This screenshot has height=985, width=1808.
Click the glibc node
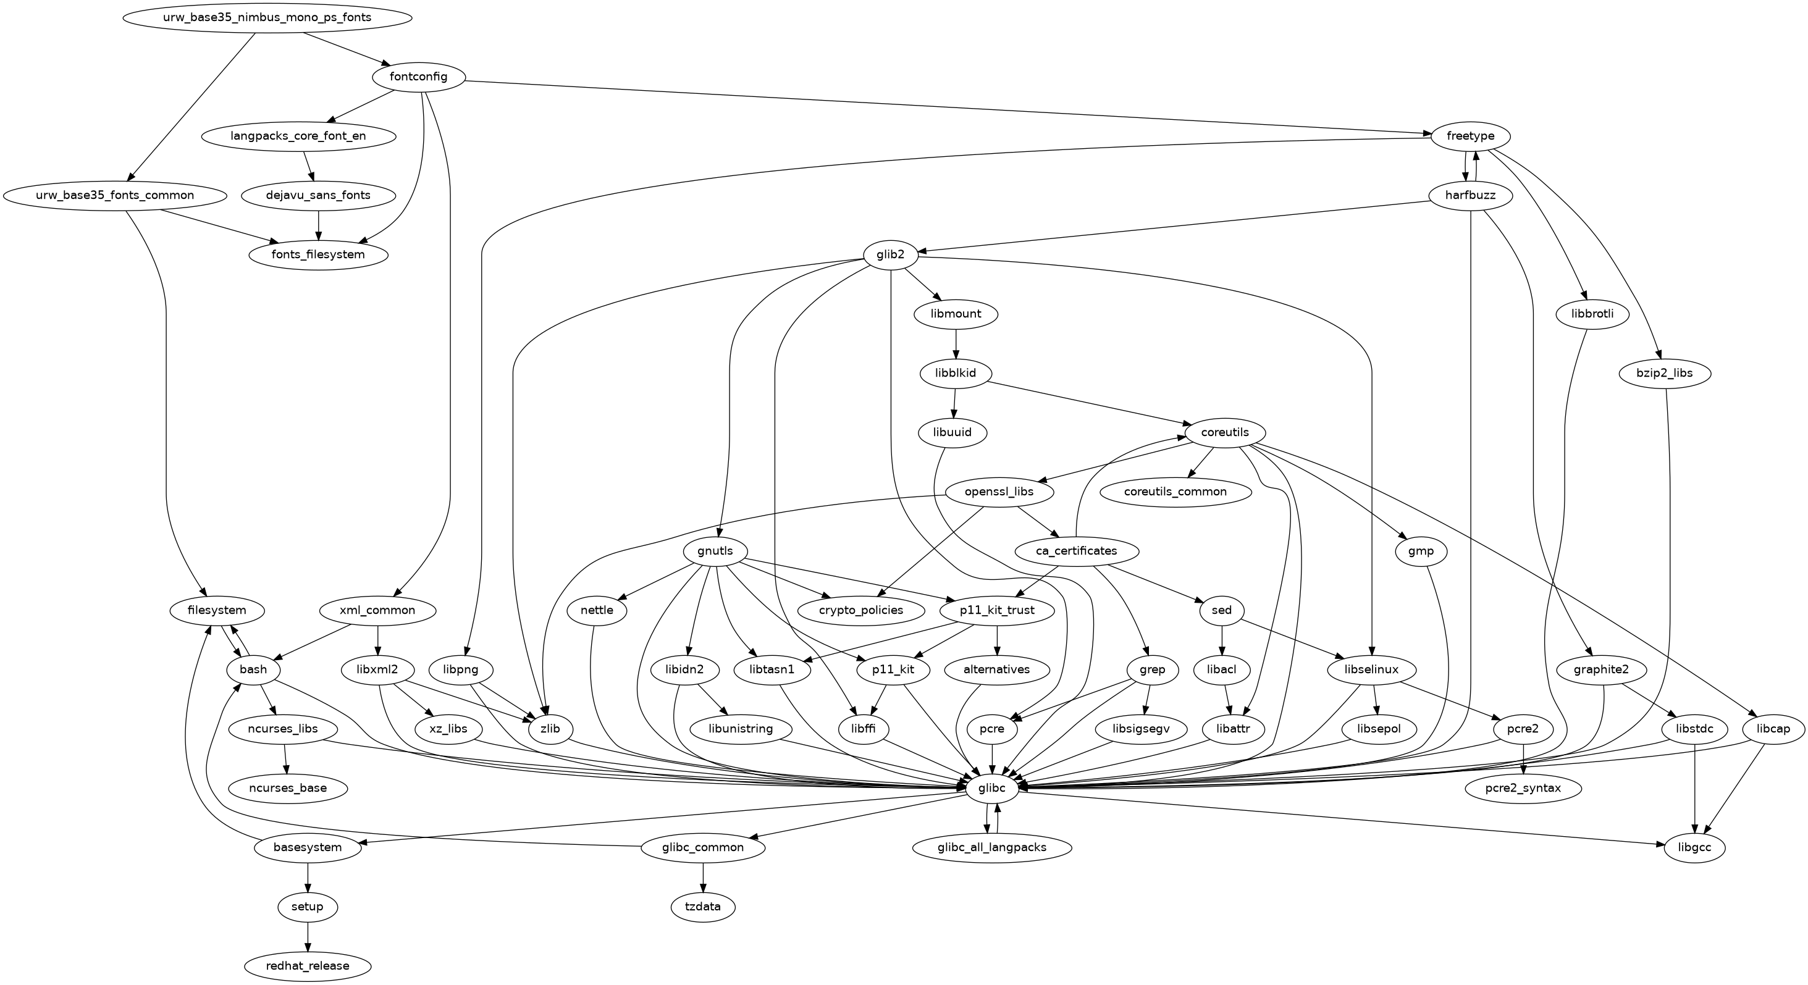tap(992, 789)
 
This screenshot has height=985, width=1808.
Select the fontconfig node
tap(418, 77)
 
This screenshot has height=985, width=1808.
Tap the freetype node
tap(1470, 135)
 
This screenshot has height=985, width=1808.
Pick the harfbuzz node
tap(1470, 195)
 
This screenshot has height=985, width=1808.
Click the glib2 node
tap(891, 254)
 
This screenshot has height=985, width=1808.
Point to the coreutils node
tap(1225, 432)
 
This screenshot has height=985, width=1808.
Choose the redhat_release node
tap(308, 966)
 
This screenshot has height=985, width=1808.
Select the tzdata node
tap(702, 907)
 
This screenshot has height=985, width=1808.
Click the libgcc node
tap(1694, 847)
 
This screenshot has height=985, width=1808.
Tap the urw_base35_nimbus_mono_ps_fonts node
tap(267, 17)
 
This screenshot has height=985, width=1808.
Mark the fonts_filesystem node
tap(319, 254)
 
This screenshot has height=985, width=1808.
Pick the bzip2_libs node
tap(1664, 373)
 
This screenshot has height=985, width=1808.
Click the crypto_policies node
tap(860, 610)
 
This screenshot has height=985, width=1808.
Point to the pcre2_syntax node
tap(1523, 789)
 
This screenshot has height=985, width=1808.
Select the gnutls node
tap(715, 551)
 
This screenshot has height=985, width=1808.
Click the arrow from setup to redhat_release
tap(308, 937)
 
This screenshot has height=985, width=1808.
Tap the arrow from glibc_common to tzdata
tap(702, 877)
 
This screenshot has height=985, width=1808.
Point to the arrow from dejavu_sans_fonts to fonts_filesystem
tap(319, 225)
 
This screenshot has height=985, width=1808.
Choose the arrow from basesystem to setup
tap(308, 877)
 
